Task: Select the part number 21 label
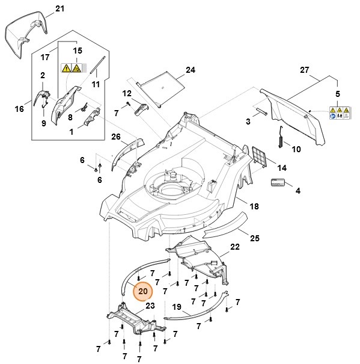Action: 59,8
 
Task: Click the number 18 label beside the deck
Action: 254,206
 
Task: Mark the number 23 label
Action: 150,305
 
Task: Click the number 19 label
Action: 177,307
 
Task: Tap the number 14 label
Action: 281,168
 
